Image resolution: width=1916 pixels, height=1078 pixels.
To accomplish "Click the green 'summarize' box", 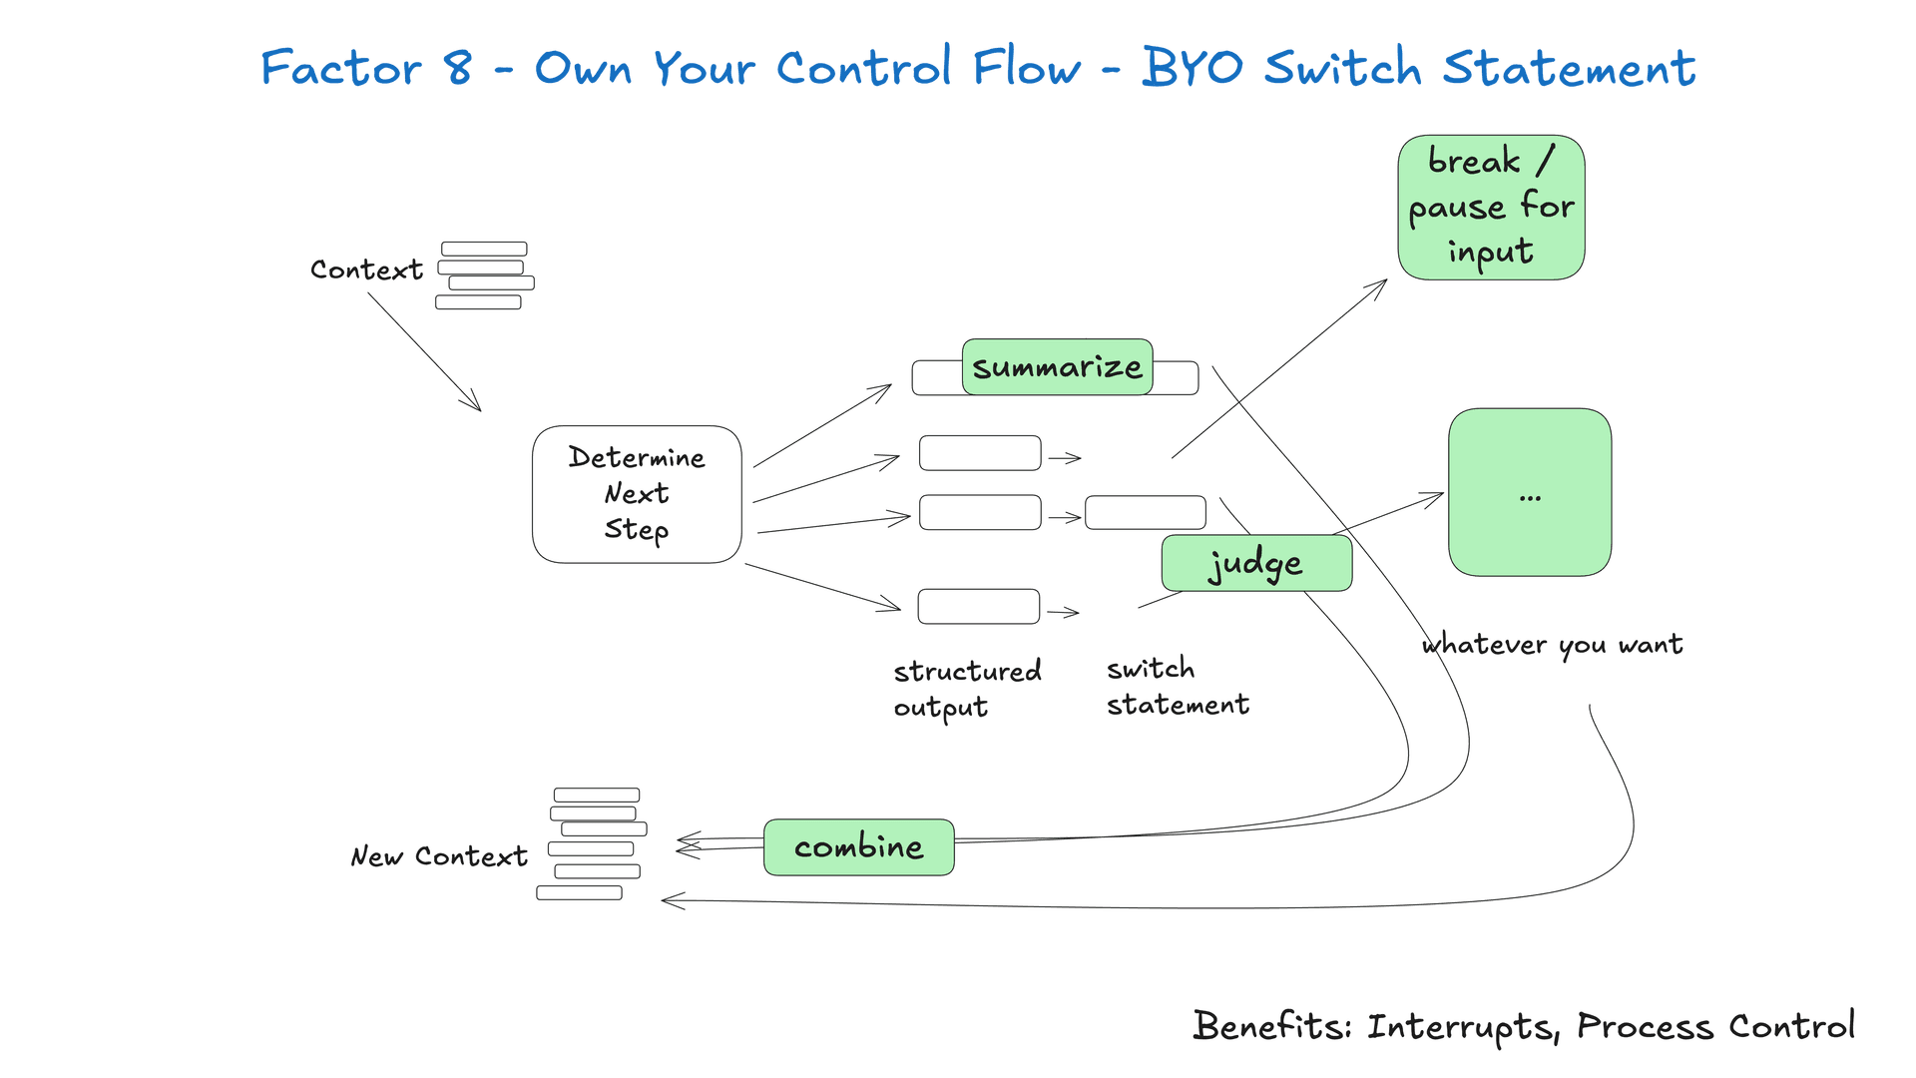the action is pos(1057,366).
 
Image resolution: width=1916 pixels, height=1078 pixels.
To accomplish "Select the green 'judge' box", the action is pos(1256,563).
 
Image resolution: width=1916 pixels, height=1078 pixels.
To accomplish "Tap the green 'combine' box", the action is pos(858,847).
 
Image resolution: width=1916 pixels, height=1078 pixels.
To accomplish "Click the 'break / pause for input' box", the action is pos(1491,208).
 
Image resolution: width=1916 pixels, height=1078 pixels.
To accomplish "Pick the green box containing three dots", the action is pos(1530,492).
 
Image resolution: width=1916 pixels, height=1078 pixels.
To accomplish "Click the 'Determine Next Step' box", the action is pos(637,494).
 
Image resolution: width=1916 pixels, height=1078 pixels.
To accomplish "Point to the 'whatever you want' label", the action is pos(1552,645).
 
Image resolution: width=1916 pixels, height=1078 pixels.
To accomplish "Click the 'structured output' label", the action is pos(967,689).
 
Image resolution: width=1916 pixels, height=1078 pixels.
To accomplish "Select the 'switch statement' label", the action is pos(1178,687).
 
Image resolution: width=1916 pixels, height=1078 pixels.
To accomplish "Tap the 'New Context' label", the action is pos(439,856).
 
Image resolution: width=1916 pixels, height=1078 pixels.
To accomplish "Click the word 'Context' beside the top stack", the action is pos(366,269).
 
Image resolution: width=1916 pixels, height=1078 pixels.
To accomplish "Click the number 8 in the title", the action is pos(458,68).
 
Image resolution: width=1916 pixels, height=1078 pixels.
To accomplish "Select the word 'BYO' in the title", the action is pos(1193,67).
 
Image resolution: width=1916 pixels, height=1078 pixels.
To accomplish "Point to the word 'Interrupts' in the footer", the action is pos(1462,1027).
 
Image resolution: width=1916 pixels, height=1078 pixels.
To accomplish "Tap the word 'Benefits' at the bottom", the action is pos(1272,1025).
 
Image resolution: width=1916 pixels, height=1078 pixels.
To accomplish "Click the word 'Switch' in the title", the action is pos(1342,67).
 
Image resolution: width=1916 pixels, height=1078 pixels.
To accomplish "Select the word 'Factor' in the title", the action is pos(341,68).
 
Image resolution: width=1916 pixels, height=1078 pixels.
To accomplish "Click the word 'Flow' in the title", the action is pos(1027,67).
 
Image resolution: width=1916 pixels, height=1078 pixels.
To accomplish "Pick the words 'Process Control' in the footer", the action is pos(1715,1026).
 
